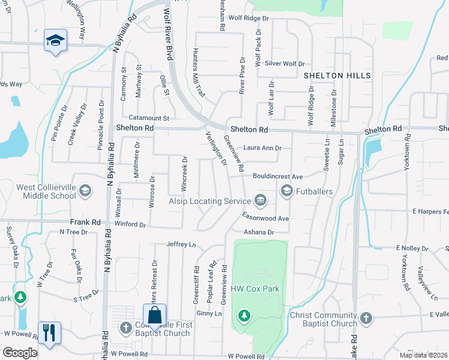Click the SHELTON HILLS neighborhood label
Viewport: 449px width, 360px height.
pyautogui.click(x=337, y=76)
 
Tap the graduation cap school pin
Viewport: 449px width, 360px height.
pyautogui.click(x=55, y=41)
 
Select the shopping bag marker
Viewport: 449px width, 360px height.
pyautogui.click(x=154, y=314)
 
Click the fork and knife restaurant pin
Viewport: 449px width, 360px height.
pyautogui.click(x=49, y=332)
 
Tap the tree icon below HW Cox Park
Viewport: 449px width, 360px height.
pyautogui.click(x=244, y=315)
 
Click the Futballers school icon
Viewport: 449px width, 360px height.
pyautogui.click(x=286, y=191)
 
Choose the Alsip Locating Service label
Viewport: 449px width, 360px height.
pyautogui.click(x=208, y=201)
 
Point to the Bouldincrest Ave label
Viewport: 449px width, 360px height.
pyautogui.click(x=277, y=177)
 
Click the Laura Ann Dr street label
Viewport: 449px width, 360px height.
pyautogui.click(x=262, y=148)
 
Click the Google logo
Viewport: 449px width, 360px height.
pyautogui.click(x=20, y=353)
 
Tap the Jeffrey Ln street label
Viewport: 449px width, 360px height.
pyautogui.click(x=181, y=245)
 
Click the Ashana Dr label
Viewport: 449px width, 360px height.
pyautogui.click(x=258, y=232)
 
